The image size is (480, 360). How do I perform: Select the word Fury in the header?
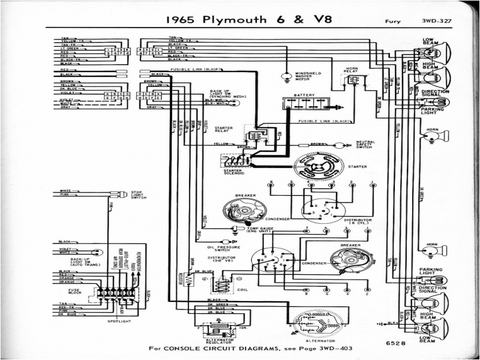pyautogui.click(x=393, y=23)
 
